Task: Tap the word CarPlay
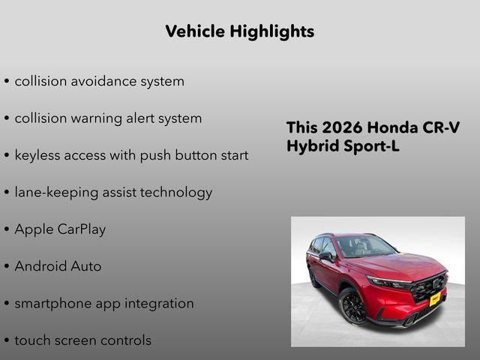pyautogui.click(x=82, y=229)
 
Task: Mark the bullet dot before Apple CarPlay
pyautogui.click(x=7, y=230)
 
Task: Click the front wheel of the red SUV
pyautogui.click(x=352, y=307)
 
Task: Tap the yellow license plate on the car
pyautogui.click(x=434, y=298)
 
